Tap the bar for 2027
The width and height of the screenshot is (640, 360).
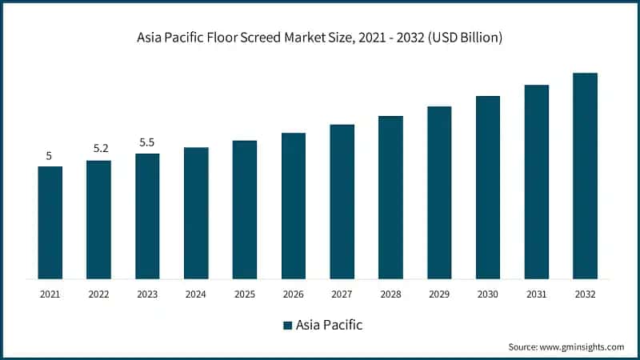pos(342,202)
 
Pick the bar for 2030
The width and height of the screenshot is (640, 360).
pos(488,187)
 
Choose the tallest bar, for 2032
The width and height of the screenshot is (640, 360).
pos(585,176)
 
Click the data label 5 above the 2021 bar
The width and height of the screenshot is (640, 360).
pos(49,156)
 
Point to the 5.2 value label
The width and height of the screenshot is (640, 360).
pos(98,149)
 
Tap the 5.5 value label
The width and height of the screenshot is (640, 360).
pos(147,142)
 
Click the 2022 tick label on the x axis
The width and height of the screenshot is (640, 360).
pos(98,294)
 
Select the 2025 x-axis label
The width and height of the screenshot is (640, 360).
pos(245,294)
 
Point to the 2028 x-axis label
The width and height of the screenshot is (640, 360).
pos(390,294)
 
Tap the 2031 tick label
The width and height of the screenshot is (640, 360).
pos(537,294)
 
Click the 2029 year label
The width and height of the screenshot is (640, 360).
pos(439,294)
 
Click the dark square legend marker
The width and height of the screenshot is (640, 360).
pos(287,326)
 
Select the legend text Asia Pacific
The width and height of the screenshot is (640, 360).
pos(329,326)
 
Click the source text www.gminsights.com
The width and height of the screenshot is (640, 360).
pos(582,346)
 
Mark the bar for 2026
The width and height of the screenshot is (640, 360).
pos(294,206)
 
